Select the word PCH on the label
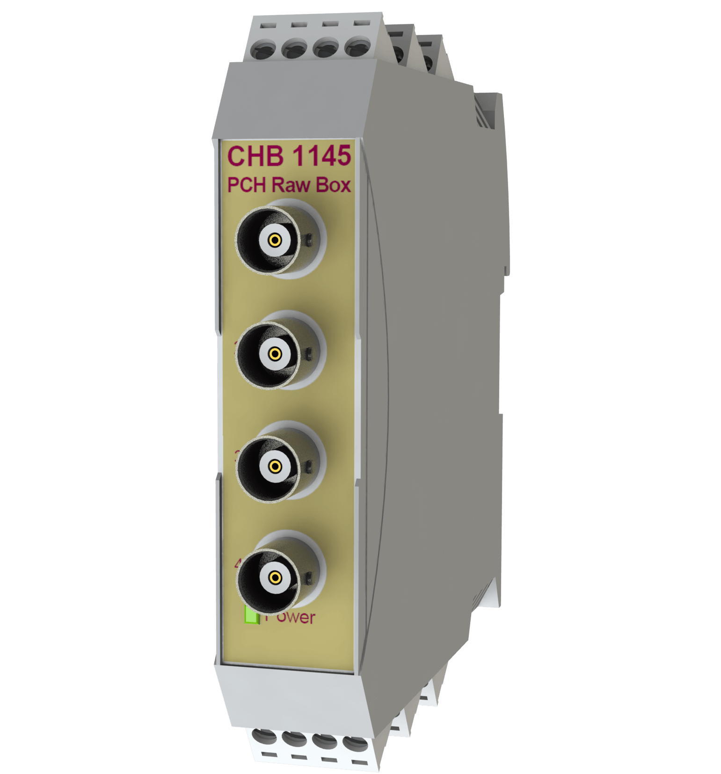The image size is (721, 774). tap(246, 185)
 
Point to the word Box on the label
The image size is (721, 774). tap(333, 185)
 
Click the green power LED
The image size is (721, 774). tap(252, 615)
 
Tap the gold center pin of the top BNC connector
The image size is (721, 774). tap(275, 241)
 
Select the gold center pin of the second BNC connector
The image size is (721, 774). tap(275, 353)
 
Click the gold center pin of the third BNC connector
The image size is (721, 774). tap(275, 466)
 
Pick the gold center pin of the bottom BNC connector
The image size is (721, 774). tap(275, 577)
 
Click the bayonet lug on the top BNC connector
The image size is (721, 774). tap(308, 241)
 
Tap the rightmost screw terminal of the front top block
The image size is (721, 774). tap(358, 47)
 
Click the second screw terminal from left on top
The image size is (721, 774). tap(294, 48)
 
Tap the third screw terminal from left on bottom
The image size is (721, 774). tap(325, 741)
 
